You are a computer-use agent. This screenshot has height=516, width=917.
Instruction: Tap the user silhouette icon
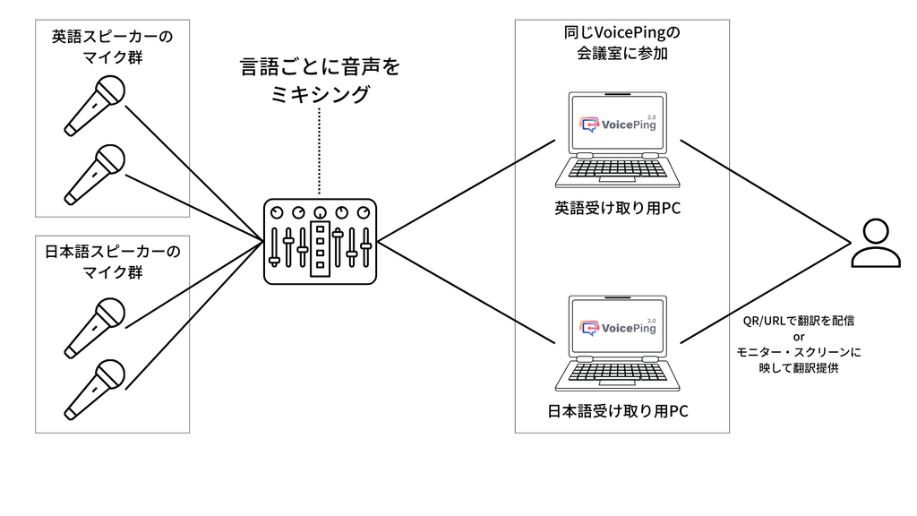click(875, 243)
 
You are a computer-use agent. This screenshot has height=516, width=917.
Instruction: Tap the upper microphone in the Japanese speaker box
click(94, 326)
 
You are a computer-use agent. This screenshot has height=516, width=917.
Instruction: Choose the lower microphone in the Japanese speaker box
click(94, 386)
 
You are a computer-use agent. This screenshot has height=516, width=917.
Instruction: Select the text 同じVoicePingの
click(617, 33)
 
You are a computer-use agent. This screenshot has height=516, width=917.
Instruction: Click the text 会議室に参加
click(617, 55)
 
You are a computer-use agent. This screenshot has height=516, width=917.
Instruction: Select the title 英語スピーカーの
click(113, 38)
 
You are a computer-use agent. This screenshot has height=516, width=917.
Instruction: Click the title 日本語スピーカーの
click(113, 252)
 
